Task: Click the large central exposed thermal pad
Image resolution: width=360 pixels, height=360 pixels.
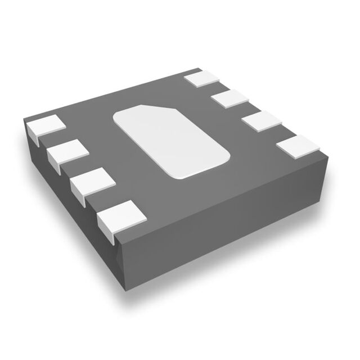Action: [171, 141]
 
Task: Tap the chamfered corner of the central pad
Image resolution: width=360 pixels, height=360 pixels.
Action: [147, 107]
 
